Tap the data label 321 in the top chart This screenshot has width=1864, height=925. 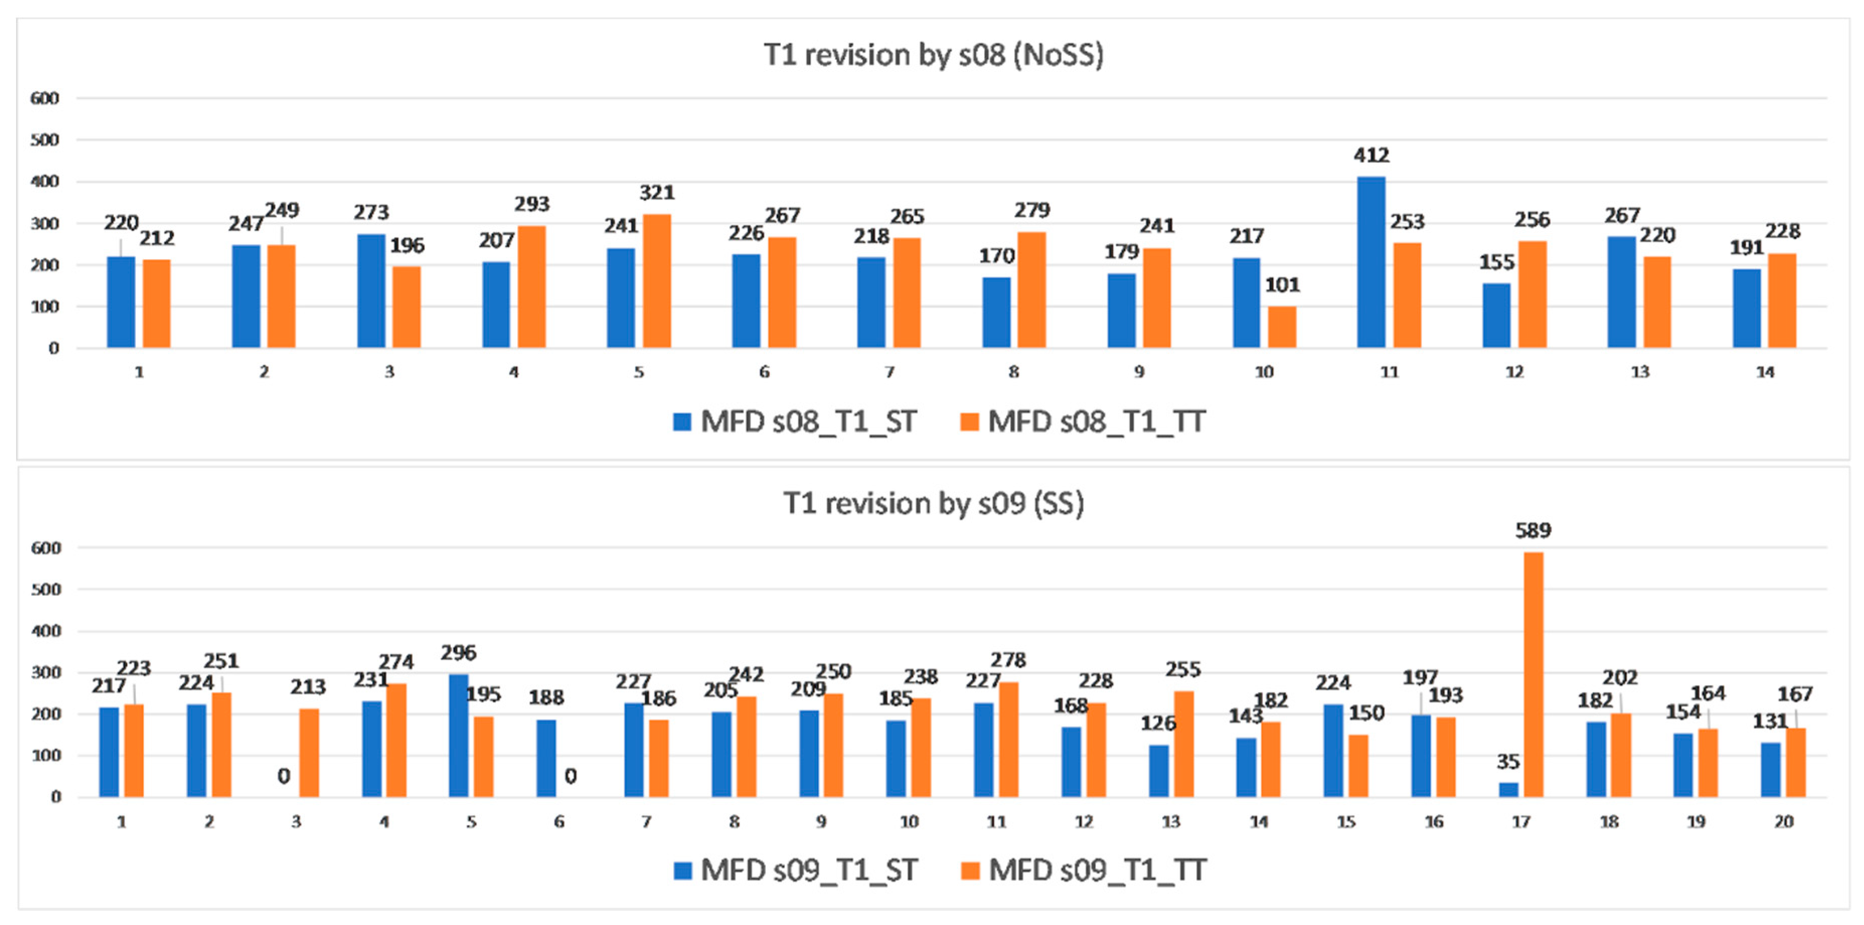657,193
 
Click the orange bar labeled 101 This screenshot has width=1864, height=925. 1281,327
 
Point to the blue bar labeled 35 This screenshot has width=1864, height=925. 1508,789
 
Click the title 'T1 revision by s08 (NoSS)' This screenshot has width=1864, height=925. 933,55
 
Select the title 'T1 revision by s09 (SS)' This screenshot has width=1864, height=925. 933,503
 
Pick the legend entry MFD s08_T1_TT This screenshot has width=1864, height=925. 1083,421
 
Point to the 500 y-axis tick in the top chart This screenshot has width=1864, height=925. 44,140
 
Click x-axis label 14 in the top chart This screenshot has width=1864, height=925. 1764,372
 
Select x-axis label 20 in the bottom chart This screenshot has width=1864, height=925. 1783,821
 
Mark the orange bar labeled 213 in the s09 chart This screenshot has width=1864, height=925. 309,753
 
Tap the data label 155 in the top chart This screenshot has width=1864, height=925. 1496,262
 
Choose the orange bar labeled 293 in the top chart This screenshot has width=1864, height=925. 532,287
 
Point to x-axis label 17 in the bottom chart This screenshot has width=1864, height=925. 1520,821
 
